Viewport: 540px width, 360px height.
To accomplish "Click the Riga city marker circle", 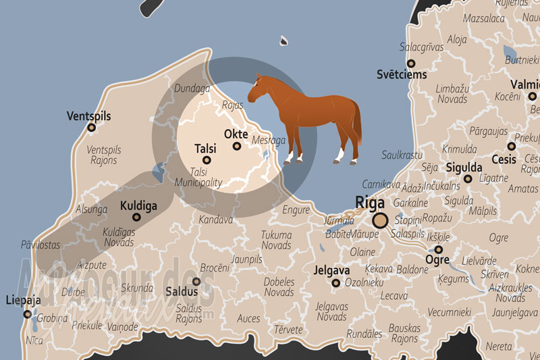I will point(381,220).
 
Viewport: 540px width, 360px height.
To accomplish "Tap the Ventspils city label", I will point(88,116).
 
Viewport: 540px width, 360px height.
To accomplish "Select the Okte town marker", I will point(237,146).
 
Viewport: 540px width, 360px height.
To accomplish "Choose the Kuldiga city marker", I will point(137,217).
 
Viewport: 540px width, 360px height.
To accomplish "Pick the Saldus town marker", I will point(196,282).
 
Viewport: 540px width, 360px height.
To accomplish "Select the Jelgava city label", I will point(331,271).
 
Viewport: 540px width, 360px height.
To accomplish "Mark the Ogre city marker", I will point(438,249).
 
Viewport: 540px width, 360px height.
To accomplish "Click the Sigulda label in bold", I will point(464,167).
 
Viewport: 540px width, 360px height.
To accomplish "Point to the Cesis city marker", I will point(512,146).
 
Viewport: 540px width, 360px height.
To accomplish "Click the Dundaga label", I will point(193,88).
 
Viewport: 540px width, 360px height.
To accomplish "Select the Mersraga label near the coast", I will point(268,140).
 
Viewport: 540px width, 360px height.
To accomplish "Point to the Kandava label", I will point(215,220).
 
